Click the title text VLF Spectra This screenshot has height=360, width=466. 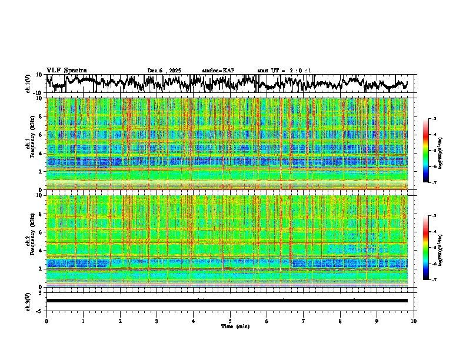[x=66, y=70]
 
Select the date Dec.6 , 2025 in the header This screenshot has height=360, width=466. [x=164, y=71]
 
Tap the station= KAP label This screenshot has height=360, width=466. [x=218, y=71]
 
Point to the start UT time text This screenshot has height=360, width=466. [x=284, y=71]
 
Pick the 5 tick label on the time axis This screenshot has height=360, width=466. [x=230, y=321]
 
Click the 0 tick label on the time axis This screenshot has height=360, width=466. [x=46, y=321]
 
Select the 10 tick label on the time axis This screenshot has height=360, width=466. [x=414, y=321]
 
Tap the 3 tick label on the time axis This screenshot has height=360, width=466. [x=157, y=321]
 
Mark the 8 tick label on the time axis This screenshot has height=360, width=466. [x=340, y=321]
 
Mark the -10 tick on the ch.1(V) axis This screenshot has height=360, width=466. [x=38, y=92]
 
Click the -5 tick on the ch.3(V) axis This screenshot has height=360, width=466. [x=39, y=310]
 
